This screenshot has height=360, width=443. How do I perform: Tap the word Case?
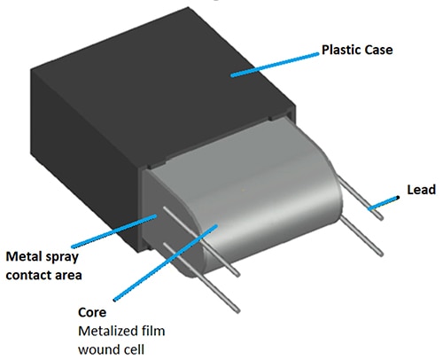coord(379,50)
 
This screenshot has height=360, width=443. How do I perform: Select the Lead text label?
coord(422,190)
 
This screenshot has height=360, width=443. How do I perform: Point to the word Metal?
coord(22,256)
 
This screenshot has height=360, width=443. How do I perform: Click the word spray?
coord(60,257)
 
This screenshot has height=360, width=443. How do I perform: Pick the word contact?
coord(25,275)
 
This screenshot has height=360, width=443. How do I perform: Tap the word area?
coord(65,276)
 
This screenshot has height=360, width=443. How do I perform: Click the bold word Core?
coord(92,312)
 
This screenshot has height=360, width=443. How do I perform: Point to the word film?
coord(152,331)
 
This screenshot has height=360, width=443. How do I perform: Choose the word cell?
coord(133,349)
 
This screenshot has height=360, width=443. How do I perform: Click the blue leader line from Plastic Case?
coord(275,65)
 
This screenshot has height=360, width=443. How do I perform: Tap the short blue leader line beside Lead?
coord(384,203)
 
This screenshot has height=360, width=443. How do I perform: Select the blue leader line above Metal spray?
coord(114,231)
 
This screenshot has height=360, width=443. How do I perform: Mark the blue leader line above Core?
coord(166,262)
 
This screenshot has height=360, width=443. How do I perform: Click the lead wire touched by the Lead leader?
coord(361,197)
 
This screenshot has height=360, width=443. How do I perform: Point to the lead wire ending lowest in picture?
coord(201,278)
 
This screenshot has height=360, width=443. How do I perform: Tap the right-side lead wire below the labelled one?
coord(361,235)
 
